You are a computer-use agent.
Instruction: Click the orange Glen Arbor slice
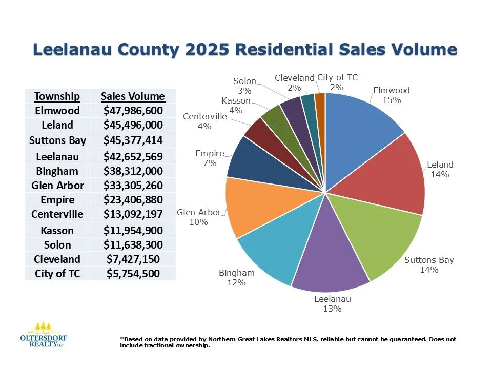pyautogui.click(x=256, y=208)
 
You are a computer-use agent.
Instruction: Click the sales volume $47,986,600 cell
pyautogui.click(x=133, y=111)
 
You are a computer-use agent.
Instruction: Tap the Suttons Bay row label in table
pyautogui.click(x=57, y=140)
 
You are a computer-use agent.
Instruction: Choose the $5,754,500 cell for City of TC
pyautogui.click(x=133, y=273)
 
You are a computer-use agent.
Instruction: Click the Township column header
pyautogui.click(x=57, y=96)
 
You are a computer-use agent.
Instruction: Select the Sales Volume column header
pyautogui.click(x=133, y=96)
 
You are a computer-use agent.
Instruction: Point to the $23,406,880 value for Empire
pyautogui.click(x=133, y=199)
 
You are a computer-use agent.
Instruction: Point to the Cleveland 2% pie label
pyautogui.click(x=294, y=83)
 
